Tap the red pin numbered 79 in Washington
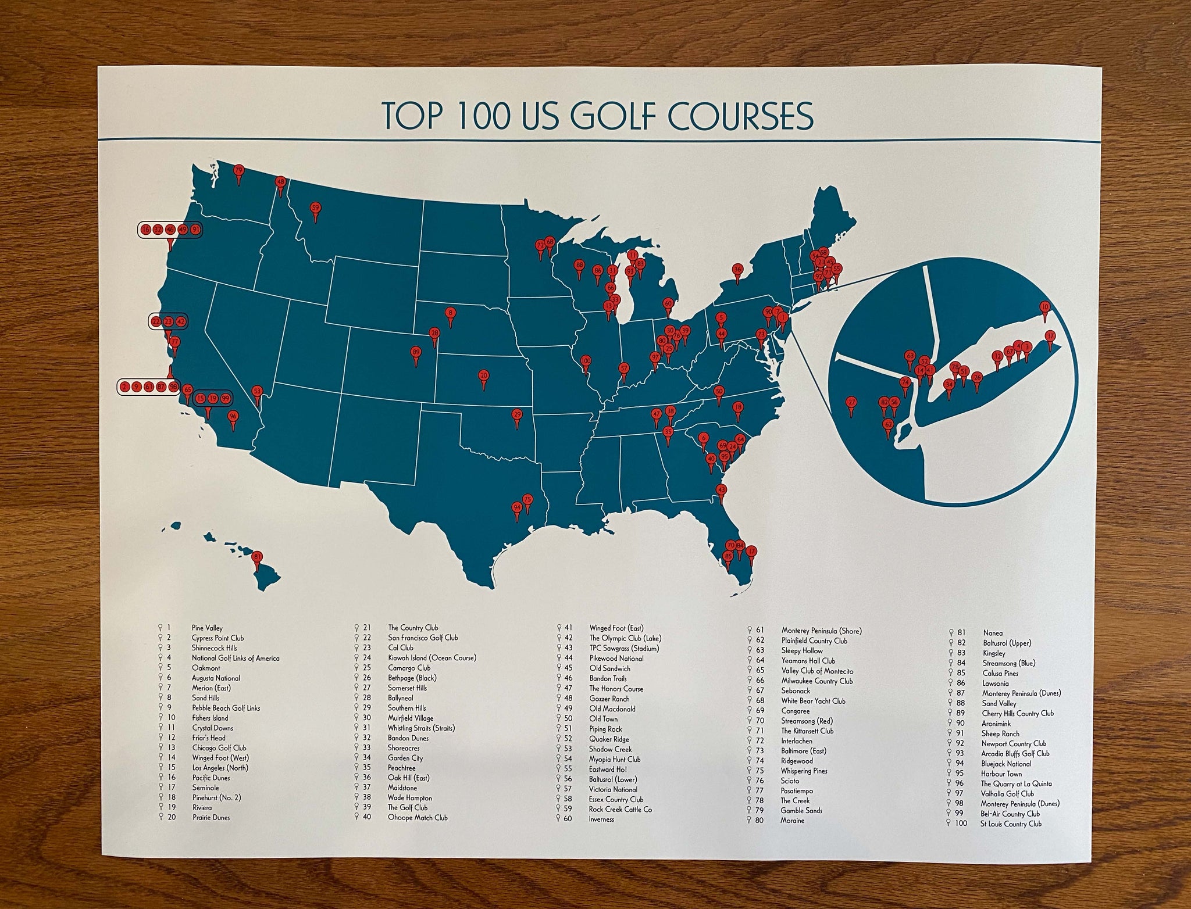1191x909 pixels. [x=238, y=171]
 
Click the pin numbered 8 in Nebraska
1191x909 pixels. [x=450, y=313]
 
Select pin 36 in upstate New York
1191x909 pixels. [x=737, y=269]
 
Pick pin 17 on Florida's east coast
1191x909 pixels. [x=751, y=551]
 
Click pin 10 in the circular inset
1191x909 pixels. [x=1045, y=306]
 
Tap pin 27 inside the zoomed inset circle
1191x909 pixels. [x=851, y=401]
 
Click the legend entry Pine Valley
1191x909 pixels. [x=207, y=628]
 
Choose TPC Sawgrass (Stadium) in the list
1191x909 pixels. [x=624, y=648]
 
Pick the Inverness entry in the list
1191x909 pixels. [x=601, y=819]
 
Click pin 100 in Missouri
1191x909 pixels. [x=586, y=361]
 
